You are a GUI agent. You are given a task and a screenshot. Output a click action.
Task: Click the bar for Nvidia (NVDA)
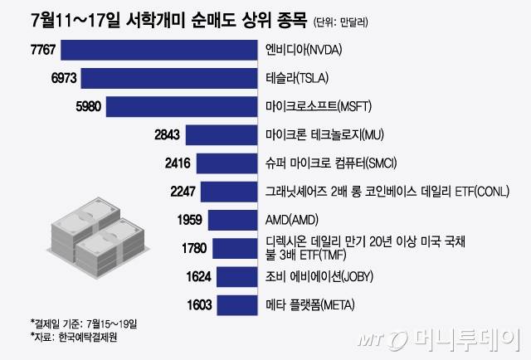[x=158, y=50]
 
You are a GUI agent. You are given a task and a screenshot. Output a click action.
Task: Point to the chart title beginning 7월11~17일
[x=157, y=19]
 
